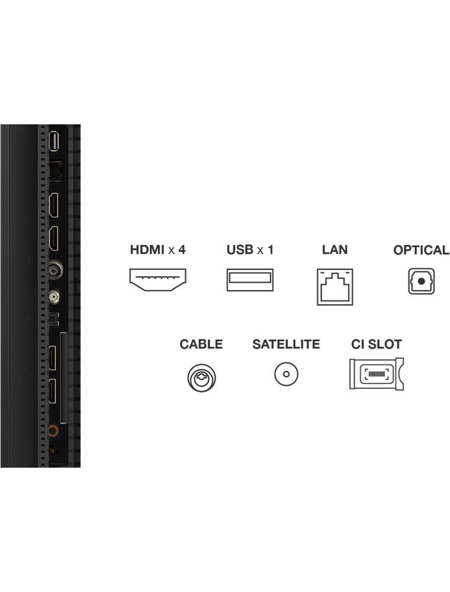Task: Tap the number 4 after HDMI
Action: pos(181,250)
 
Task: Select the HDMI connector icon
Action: pos(158,279)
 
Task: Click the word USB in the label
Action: pos(239,250)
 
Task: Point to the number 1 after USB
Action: pos(270,250)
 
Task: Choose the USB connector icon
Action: pos(250,279)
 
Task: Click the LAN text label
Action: pos(335,250)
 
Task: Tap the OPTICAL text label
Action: pos(421,250)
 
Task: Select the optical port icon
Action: pos(421,282)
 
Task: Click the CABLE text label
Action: pos(201,344)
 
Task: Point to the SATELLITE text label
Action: pos(286,344)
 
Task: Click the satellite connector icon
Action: pos(286,374)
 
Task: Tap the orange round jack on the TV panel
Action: pos(54,433)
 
